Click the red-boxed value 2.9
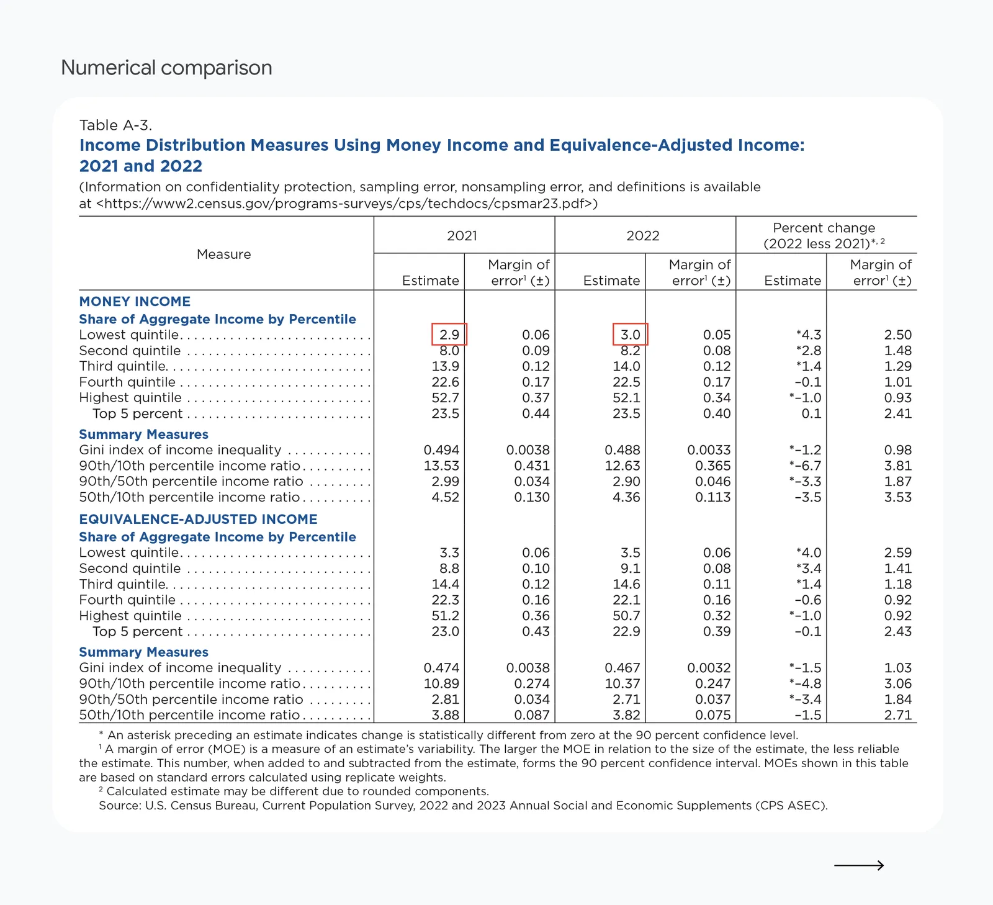449,335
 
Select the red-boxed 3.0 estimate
630,335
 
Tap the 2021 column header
462,236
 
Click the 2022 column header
643,236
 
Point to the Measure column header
224,254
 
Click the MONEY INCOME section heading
135,302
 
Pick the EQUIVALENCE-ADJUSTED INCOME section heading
198,520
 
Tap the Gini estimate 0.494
441,450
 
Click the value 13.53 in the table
441,466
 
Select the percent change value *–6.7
805,466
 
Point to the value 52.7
445,398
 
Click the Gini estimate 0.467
622,668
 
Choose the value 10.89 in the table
441,684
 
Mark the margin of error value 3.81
897,466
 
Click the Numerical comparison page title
166,68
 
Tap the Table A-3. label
115,125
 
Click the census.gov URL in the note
347,204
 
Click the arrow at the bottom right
859,865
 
